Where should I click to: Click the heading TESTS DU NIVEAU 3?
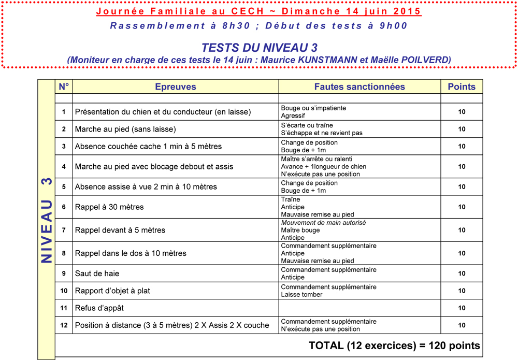pyautogui.click(x=259, y=48)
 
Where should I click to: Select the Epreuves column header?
pyautogui.click(x=176, y=87)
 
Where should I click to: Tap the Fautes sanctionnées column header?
pyautogui.click(x=359, y=87)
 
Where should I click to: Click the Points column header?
pyautogui.click(x=461, y=87)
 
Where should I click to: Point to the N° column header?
pyautogui.click(x=64, y=87)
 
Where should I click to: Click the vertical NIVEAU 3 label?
pyautogui.click(x=47, y=220)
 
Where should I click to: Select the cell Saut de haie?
pyautogui.click(x=97, y=273)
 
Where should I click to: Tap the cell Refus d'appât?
pyautogui.click(x=99, y=308)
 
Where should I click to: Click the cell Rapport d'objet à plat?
pyautogui.click(x=112, y=291)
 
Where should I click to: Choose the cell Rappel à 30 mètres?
pyautogui.click(x=109, y=207)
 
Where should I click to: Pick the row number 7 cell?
pyautogui.click(x=64, y=230)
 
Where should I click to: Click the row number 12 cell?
pyautogui.click(x=64, y=325)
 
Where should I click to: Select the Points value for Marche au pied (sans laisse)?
pyautogui.click(x=462, y=129)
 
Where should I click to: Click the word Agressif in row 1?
pyautogui.click(x=293, y=116)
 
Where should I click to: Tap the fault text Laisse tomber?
pyautogui.click(x=301, y=295)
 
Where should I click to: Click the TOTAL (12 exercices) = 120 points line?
pyautogui.click(x=394, y=345)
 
